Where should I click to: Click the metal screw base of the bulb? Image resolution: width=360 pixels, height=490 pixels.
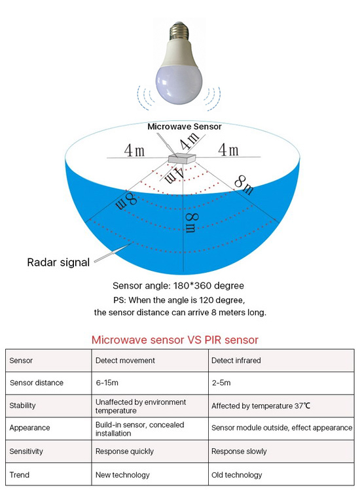coord(179,31)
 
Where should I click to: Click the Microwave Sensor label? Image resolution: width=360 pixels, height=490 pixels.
coord(185,126)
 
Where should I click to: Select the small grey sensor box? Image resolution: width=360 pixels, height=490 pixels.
coord(182,158)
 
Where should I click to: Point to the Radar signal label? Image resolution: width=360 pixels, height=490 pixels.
coord(58,262)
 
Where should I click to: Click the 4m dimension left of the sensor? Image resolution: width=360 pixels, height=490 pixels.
coord(134,150)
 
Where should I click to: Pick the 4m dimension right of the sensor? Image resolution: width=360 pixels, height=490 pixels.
coord(228,149)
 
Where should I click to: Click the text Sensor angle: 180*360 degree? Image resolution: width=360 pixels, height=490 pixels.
coord(178,286)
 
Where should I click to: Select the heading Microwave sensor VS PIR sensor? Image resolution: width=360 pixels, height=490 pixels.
coord(175,340)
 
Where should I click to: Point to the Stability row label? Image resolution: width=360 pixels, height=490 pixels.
coord(22,406)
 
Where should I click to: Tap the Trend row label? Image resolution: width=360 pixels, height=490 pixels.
coord(20,475)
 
